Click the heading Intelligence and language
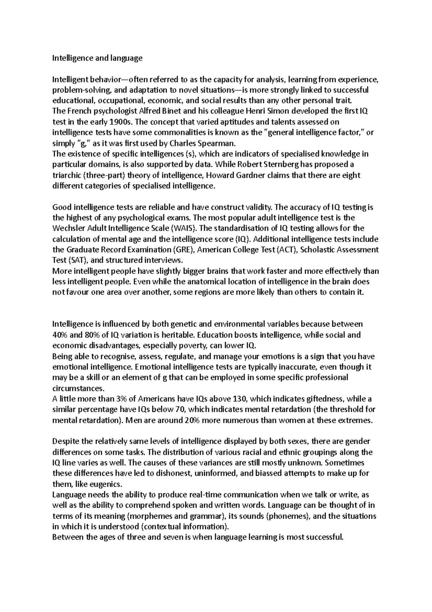coord(98,58)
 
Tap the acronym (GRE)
coord(183,250)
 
